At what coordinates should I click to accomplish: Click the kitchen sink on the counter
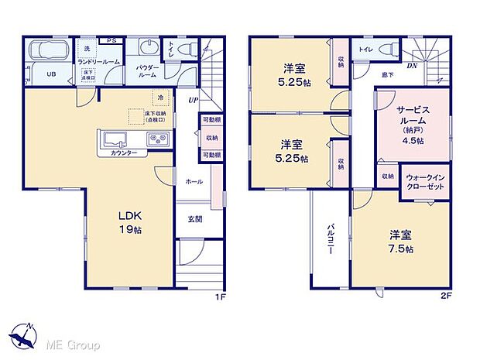pos(115,140)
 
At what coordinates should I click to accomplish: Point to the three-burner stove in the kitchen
pos(159,139)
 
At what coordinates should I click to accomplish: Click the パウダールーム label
pos(149,71)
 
